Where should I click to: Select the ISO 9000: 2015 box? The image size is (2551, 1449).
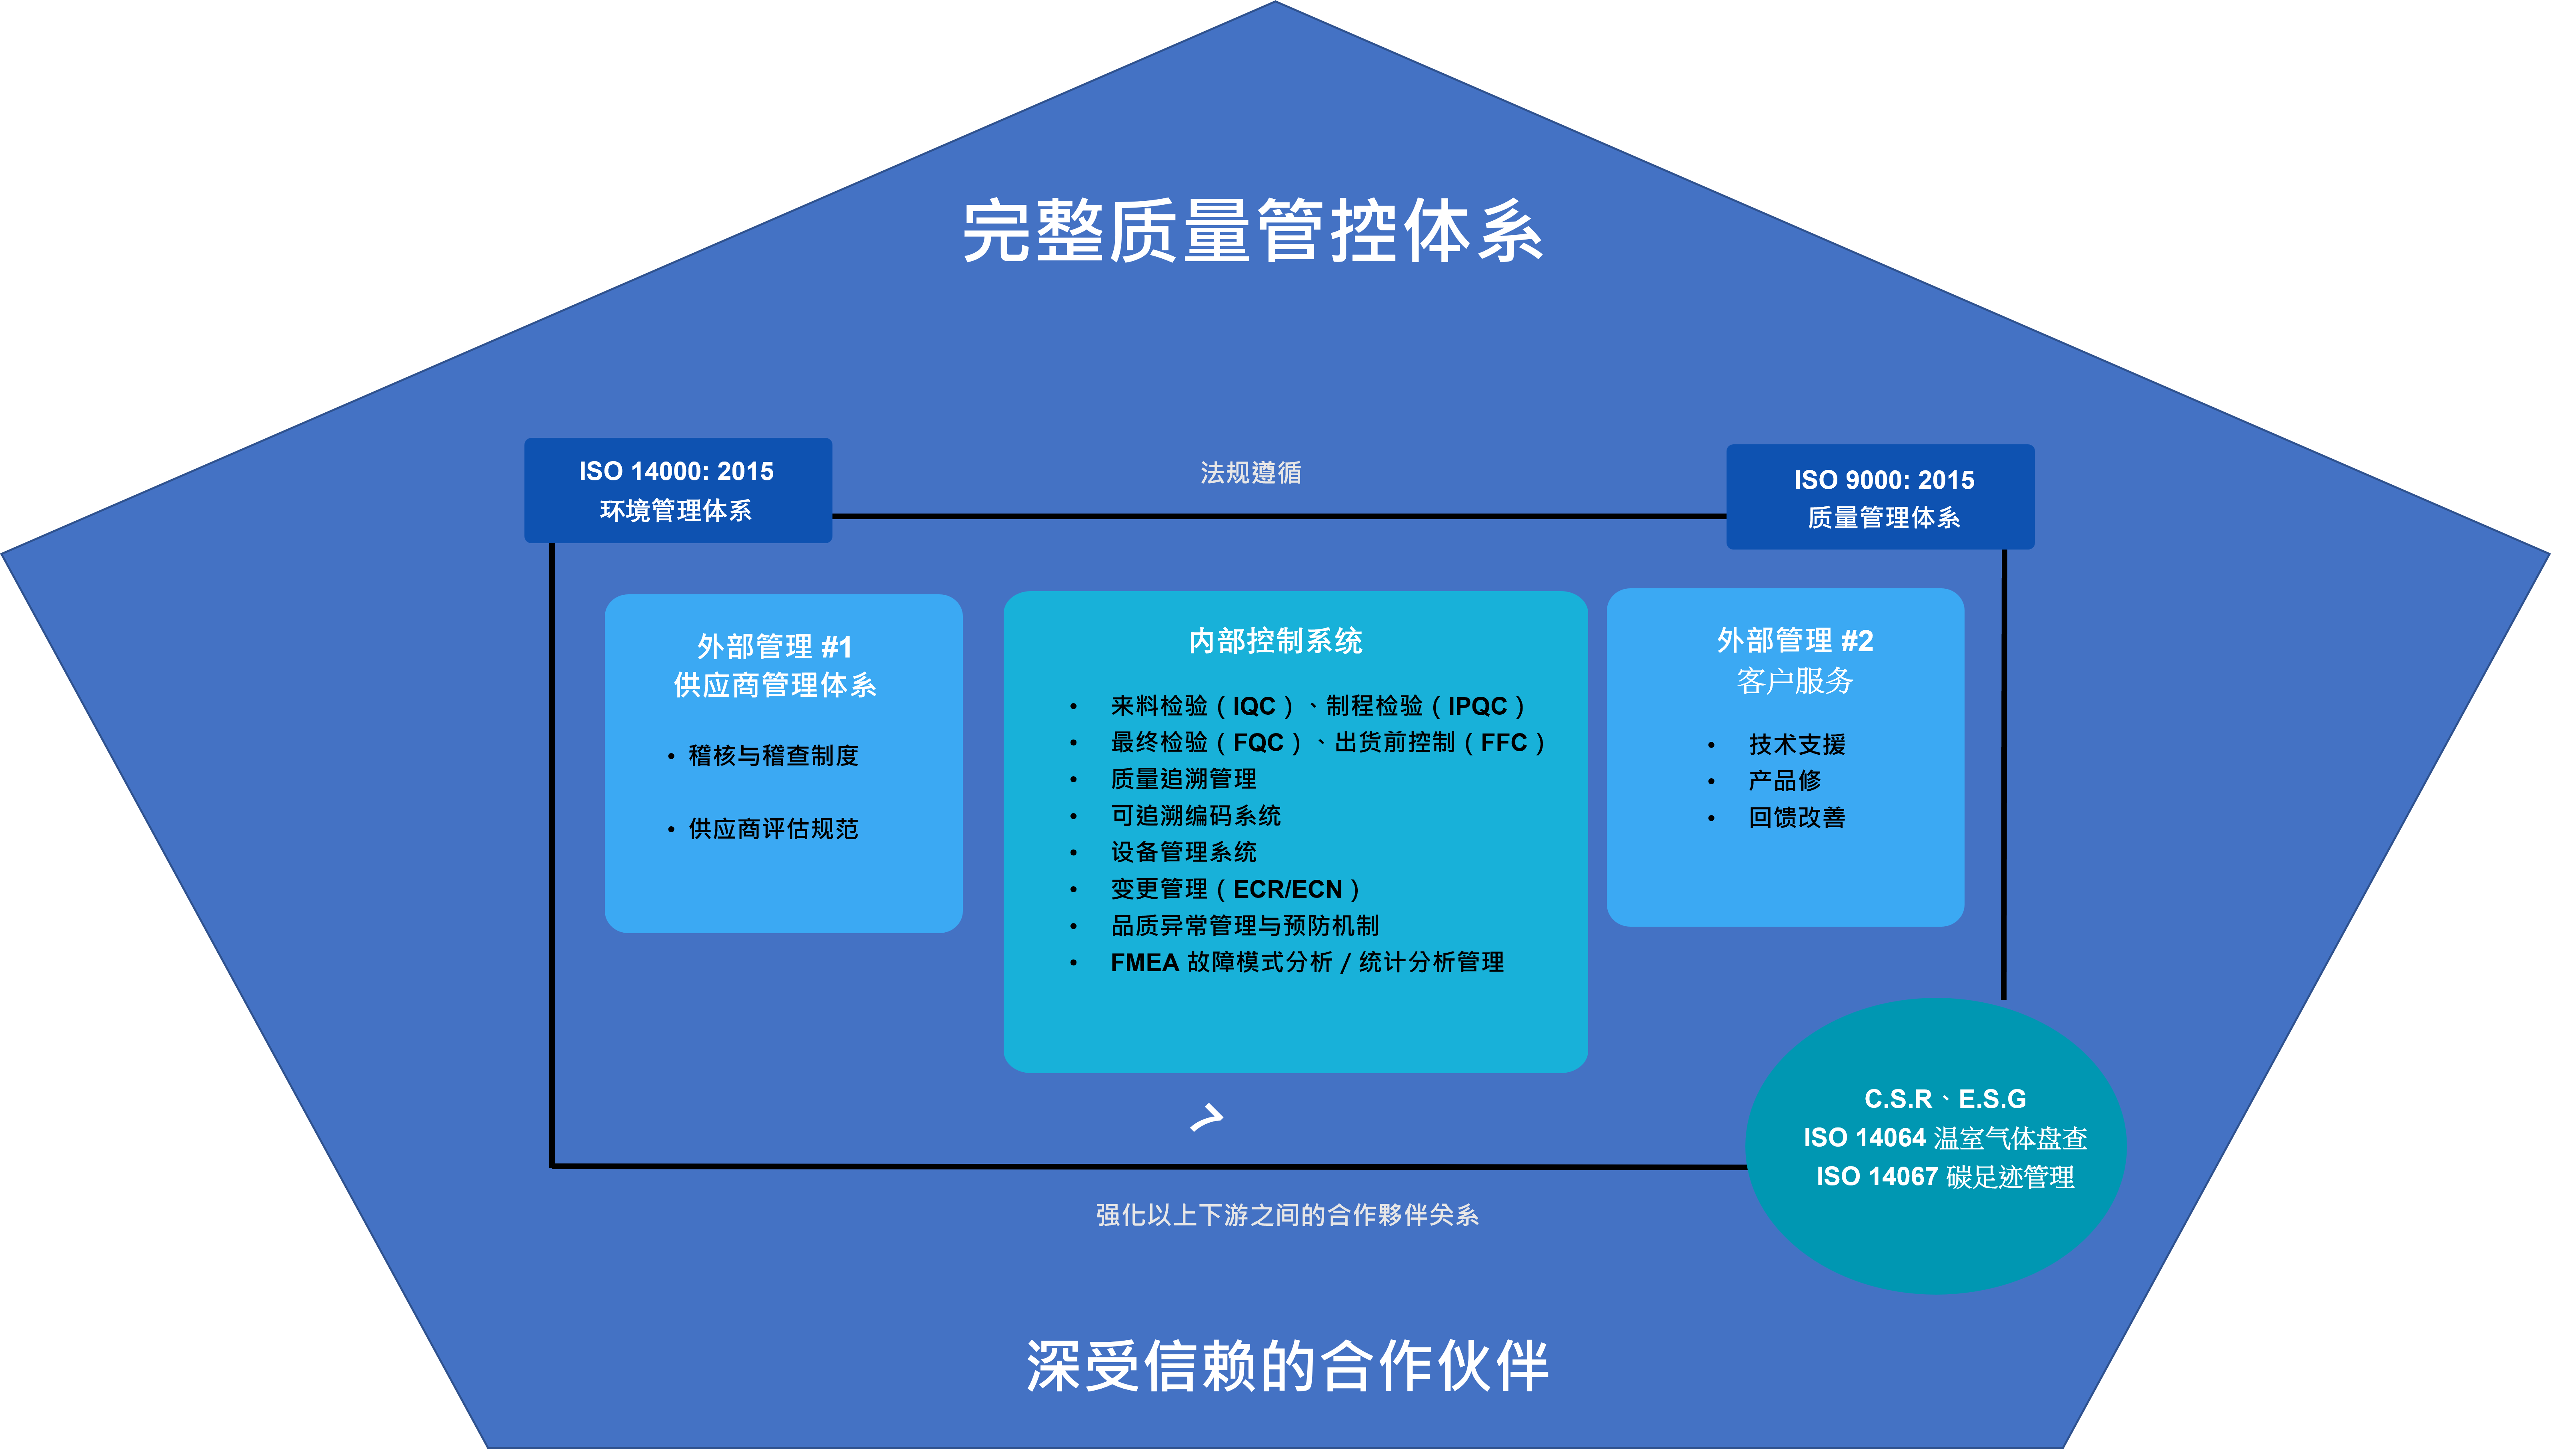pyautogui.click(x=1880, y=497)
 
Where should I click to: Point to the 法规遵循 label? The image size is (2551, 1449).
pyautogui.click(x=1251, y=473)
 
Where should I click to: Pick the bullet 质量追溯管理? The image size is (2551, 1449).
pyautogui.click(x=1183, y=778)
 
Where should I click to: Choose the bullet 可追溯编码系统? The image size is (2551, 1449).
pyautogui.click(x=1195, y=815)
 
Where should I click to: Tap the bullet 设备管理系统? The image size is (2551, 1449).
pyautogui.click(x=1183, y=852)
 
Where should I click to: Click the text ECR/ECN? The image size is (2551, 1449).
pyautogui.click(x=1288, y=889)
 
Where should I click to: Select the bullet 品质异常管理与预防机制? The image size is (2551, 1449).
pyautogui.click(x=1244, y=925)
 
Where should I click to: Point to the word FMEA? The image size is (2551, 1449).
pyautogui.click(x=1144, y=962)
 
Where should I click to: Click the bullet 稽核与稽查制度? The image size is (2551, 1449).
pyautogui.click(x=773, y=755)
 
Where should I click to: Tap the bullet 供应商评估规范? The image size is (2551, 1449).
pyautogui.click(x=773, y=829)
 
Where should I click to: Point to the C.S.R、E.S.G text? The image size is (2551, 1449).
pyautogui.click(x=1945, y=1099)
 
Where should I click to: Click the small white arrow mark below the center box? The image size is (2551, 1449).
pyautogui.click(x=1206, y=1117)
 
